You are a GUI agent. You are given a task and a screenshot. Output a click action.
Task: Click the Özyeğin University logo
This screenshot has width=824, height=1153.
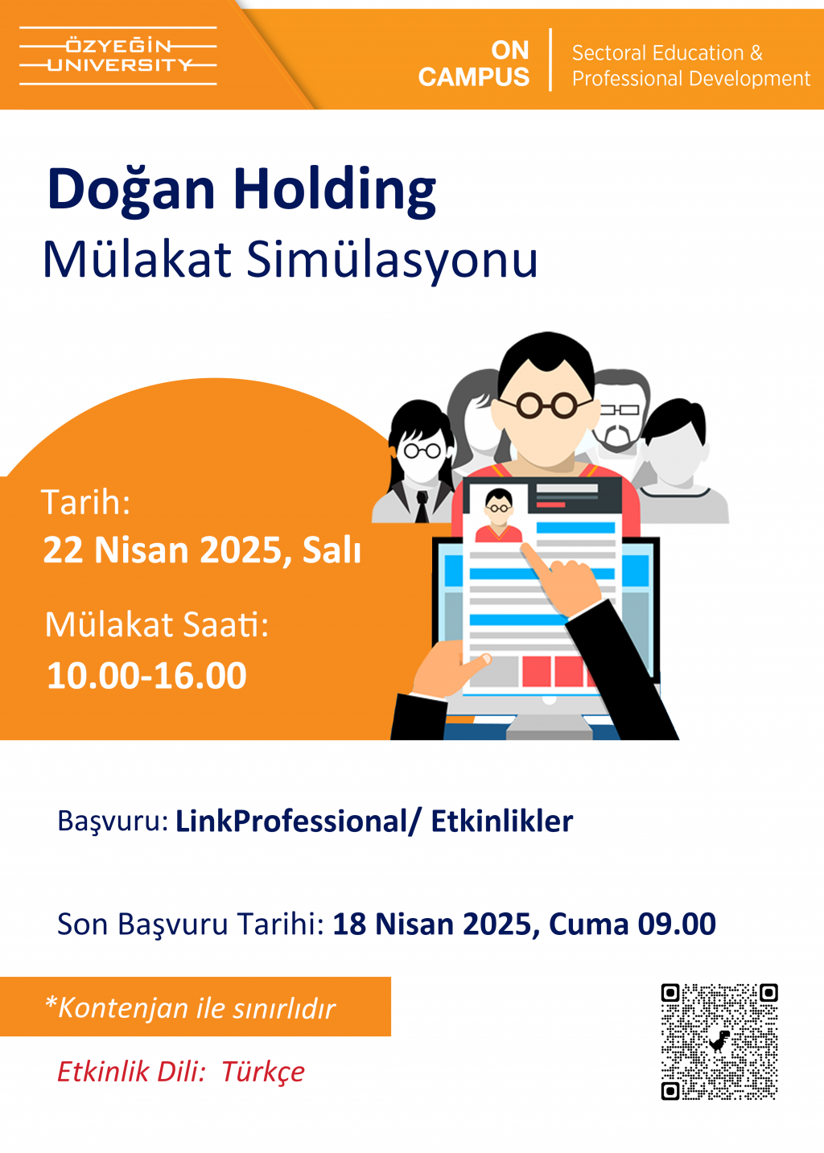click(117, 56)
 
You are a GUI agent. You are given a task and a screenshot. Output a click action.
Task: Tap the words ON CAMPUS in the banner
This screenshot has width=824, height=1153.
click(473, 64)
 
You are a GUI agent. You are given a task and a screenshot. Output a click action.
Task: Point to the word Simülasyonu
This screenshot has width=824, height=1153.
click(392, 260)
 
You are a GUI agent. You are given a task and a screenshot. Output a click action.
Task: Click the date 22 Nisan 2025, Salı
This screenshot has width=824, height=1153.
click(202, 550)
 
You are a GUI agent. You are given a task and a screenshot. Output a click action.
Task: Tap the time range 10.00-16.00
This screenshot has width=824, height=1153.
click(146, 675)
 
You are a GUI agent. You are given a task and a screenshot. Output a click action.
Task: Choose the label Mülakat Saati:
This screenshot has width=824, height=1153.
click(156, 625)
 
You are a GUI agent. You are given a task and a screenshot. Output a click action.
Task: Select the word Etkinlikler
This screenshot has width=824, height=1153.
click(502, 821)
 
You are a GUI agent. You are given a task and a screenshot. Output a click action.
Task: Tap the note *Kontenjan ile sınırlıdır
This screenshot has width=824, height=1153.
click(191, 1008)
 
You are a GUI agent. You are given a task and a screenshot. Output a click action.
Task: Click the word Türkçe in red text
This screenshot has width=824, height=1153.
click(263, 1073)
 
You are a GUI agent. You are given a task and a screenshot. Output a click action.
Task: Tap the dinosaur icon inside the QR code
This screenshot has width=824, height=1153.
click(719, 1042)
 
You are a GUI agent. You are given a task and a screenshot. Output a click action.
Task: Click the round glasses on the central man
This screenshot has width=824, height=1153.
click(546, 405)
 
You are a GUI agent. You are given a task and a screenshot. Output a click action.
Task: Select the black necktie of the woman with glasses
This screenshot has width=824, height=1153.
click(422, 506)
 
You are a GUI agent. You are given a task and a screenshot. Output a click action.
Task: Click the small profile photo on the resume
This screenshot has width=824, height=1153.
click(499, 515)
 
